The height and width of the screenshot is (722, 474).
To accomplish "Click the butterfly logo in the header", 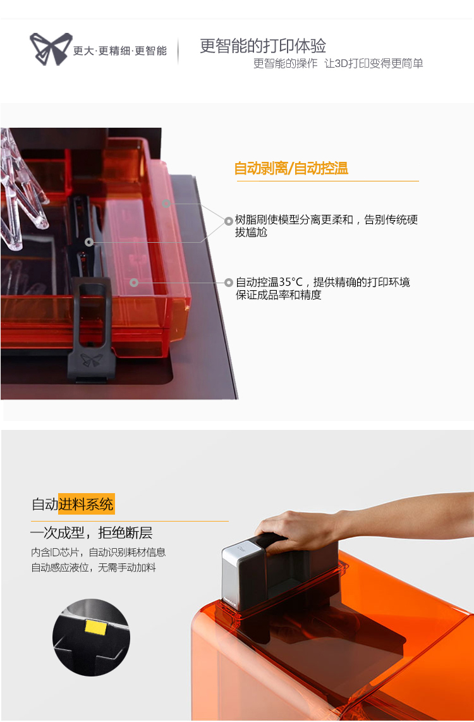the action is (x=51, y=49).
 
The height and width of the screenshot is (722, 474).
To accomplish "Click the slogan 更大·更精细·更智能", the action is (x=119, y=51).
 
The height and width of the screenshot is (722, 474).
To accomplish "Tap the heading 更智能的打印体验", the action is (x=263, y=46).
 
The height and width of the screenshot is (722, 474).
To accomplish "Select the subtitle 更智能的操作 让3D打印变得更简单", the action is (x=337, y=64).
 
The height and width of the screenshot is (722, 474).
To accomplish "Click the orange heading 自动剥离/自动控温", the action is (x=291, y=169).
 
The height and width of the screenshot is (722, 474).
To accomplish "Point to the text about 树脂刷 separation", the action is (x=326, y=226).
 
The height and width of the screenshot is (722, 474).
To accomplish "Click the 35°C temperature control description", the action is (x=322, y=288).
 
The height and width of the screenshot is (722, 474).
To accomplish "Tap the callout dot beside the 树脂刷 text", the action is (x=228, y=221).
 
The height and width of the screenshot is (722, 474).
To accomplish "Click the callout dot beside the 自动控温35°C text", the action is (x=229, y=283).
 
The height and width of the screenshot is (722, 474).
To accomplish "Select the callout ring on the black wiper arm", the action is (x=89, y=242).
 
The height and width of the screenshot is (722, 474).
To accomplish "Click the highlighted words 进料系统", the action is (x=86, y=505).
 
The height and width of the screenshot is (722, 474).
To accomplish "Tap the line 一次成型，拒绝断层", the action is (x=91, y=533).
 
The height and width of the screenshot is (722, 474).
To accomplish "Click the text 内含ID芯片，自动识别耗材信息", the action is (x=98, y=552).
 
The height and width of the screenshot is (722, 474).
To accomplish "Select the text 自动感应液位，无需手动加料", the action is (x=94, y=568).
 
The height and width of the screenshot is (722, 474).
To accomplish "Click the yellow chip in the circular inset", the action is (x=95, y=627).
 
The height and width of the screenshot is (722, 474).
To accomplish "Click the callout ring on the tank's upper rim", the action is (x=166, y=204).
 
